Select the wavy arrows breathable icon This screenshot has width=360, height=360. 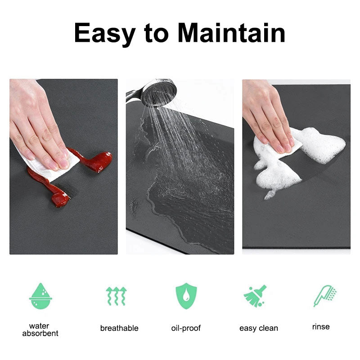click(116, 296)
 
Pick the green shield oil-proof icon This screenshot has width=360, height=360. click(186, 296)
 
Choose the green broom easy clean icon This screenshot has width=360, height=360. click(255, 296)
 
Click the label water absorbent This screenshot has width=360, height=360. click(40, 330)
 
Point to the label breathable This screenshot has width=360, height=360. click(119, 328)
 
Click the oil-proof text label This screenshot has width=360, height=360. click(186, 328)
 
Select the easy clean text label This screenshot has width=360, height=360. click(259, 328)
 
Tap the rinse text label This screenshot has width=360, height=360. click(321, 327)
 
